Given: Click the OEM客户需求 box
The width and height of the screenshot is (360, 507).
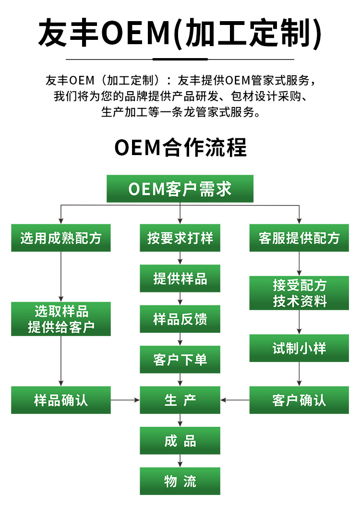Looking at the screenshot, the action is pyautogui.click(x=180, y=189).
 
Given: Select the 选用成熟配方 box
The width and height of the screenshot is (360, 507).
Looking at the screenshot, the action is pyautogui.click(x=61, y=238).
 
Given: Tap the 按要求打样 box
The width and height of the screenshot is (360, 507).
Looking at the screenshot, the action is pyautogui.click(x=180, y=238).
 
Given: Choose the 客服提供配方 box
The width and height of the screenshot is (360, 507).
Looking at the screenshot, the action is pyautogui.click(x=299, y=238).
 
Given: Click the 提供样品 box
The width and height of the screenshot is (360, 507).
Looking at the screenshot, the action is pyautogui.click(x=180, y=278).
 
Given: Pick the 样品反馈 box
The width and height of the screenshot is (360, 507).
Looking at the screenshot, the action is pyautogui.click(x=180, y=319).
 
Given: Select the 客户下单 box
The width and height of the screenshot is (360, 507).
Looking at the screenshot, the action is pyautogui.click(x=180, y=360).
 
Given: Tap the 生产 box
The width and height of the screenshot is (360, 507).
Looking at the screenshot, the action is pyautogui.click(x=180, y=400).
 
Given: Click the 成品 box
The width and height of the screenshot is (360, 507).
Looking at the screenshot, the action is pyautogui.click(x=180, y=441).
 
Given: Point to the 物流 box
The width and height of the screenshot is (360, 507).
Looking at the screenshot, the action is pyautogui.click(x=180, y=481).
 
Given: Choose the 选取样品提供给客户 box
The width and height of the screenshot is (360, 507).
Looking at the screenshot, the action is pyautogui.click(x=61, y=319).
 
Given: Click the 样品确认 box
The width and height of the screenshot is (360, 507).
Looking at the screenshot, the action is pyautogui.click(x=61, y=400).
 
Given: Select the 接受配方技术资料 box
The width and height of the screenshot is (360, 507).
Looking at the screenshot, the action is pyautogui.click(x=299, y=293).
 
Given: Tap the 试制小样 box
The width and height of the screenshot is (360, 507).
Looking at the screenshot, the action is pyautogui.click(x=299, y=348).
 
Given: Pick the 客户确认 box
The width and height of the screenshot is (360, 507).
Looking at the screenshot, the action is pyautogui.click(x=299, y=400).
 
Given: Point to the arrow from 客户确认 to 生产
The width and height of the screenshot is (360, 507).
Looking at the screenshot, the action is pyautogui.click(x=235, y=400).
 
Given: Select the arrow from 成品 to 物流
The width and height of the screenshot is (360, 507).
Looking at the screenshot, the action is pyautogui.click(x=180, y=461).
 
